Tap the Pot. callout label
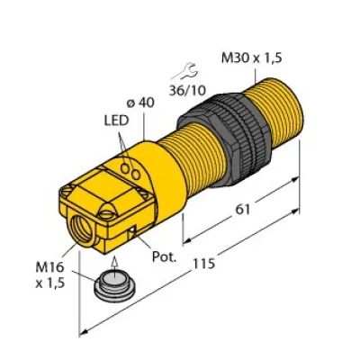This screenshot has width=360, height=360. click(161, 256)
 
